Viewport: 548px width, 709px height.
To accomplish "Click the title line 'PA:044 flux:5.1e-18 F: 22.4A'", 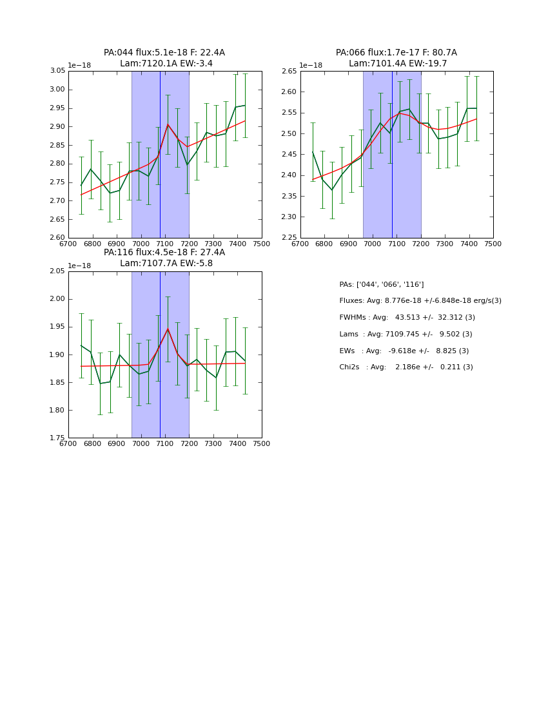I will click(164, 53).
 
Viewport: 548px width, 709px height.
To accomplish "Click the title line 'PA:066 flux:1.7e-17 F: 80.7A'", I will click(396, 53).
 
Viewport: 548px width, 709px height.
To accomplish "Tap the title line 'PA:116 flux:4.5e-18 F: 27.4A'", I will click(164, 253).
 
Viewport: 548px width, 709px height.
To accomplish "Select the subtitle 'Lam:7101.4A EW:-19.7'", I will click(398, 64).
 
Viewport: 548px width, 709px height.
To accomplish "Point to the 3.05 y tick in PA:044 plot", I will click(57, 71).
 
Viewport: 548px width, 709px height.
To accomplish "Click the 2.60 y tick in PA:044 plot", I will click(57, 238).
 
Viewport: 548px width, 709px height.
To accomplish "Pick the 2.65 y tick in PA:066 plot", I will click(289, 71).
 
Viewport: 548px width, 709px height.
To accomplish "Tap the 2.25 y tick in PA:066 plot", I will click(289, 238).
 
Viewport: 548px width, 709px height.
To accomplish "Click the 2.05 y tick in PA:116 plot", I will click(57, 271).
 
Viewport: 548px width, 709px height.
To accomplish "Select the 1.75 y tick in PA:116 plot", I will click(57, 438).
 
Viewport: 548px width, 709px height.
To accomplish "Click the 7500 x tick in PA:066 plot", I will click(493, 244).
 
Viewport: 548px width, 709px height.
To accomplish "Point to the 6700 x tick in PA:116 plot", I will click(68, 444).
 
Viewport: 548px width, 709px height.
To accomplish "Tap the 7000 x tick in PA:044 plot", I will click(141, 244).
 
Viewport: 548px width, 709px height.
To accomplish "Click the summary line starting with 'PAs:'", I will click(381, 284).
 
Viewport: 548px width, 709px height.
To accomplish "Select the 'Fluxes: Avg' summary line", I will click(420, 301).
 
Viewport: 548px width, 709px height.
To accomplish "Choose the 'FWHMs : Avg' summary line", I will click(407, 318).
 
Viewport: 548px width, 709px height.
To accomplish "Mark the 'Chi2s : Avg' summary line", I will click(406, 367).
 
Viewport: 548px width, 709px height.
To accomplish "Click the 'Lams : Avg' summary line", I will click(406, 335).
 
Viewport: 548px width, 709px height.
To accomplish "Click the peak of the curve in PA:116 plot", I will click(168, 329).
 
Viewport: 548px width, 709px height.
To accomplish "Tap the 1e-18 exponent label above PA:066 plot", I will click(311, 65).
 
